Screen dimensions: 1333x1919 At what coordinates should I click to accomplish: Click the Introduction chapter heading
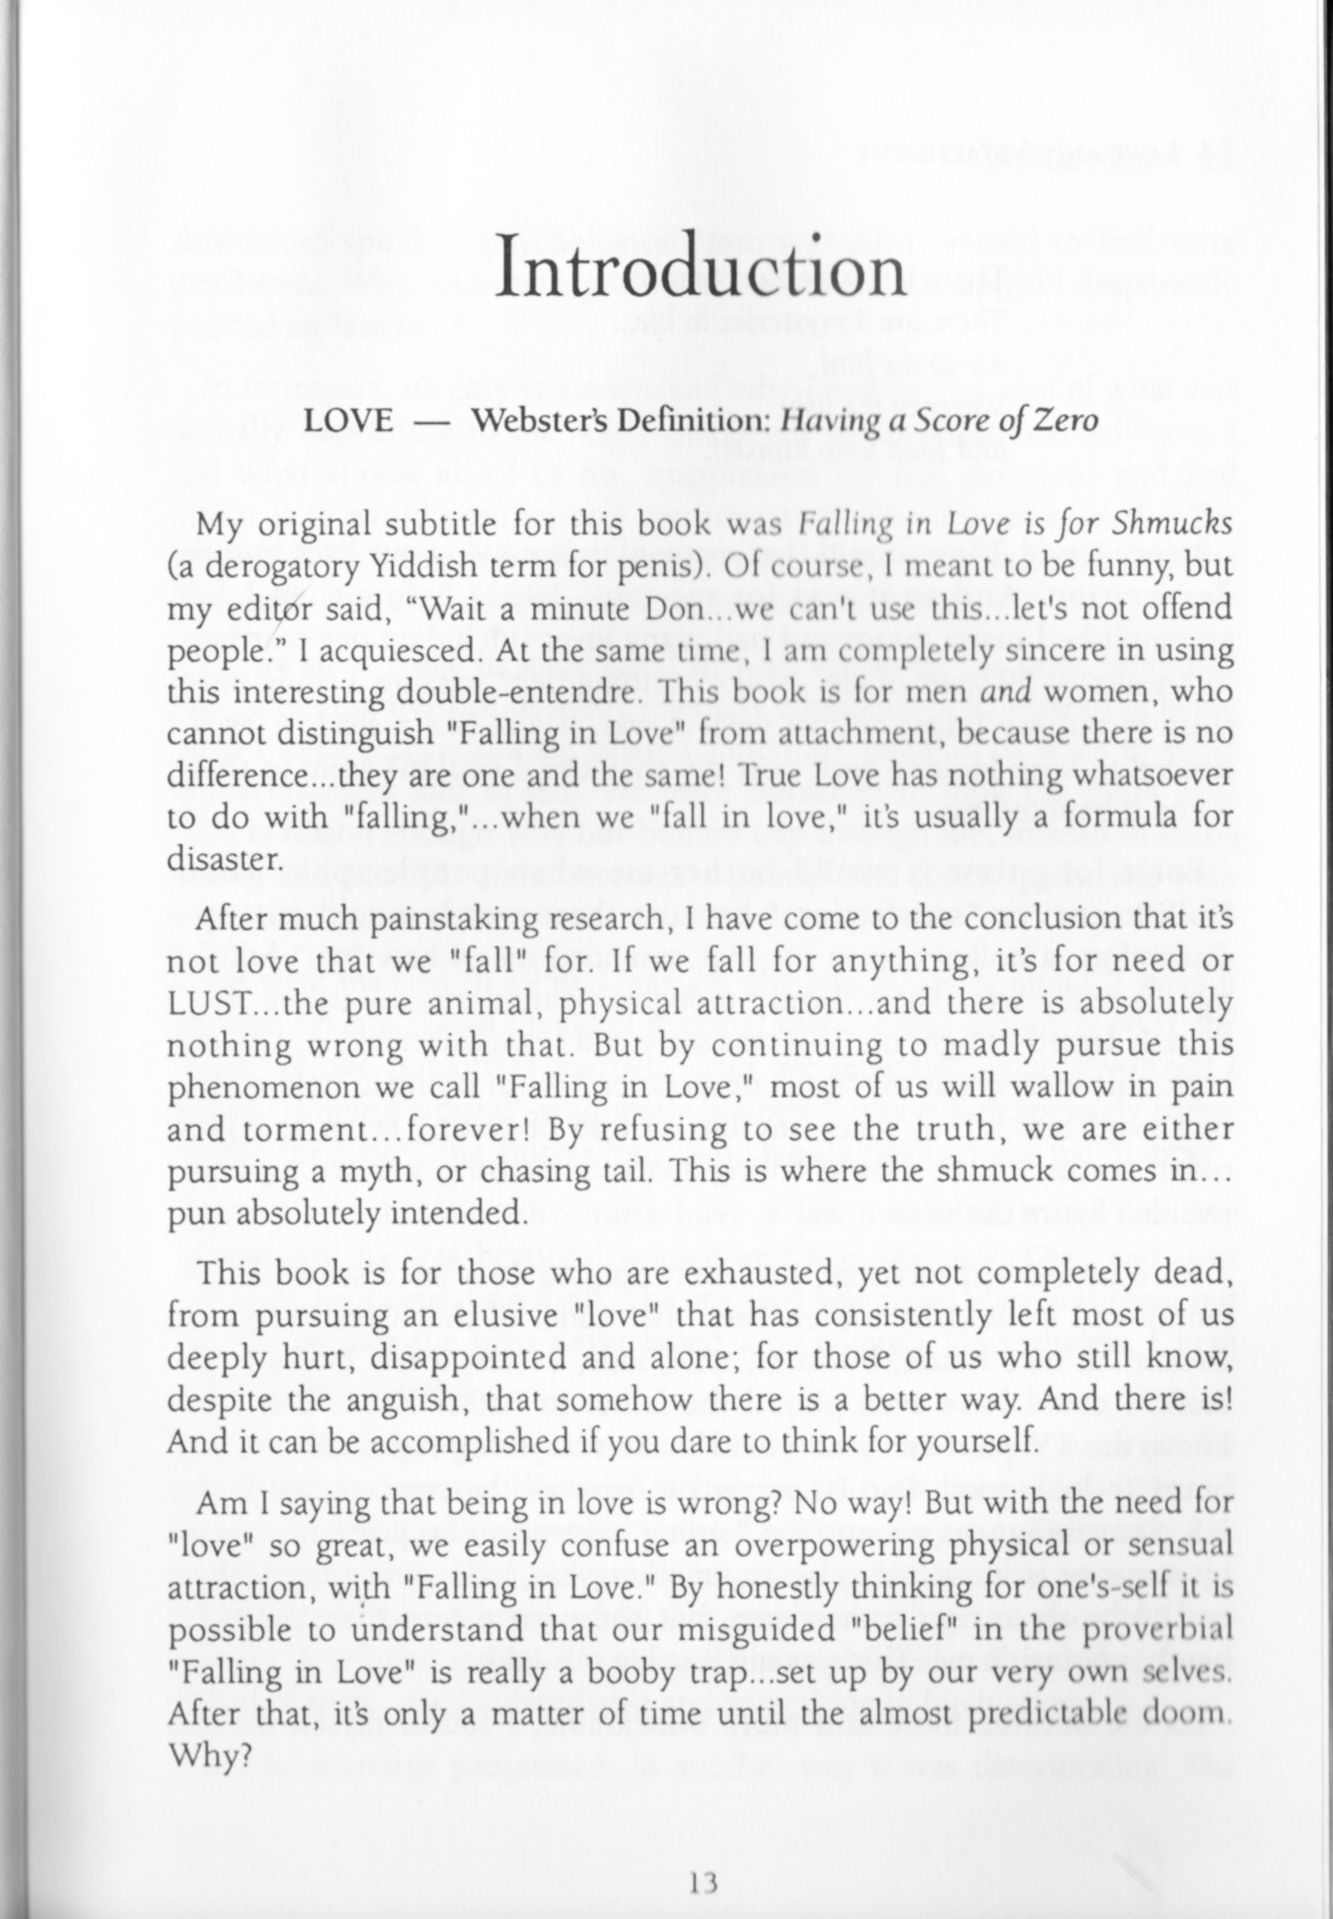[x=700, y=268]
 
